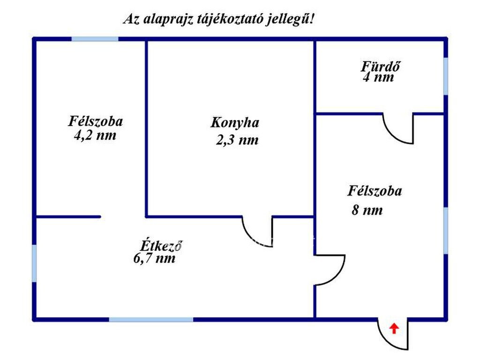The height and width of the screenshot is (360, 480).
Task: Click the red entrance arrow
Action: (394, 329)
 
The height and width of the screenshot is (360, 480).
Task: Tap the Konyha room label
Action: (235, 123)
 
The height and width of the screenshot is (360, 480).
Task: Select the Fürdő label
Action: (380, 67)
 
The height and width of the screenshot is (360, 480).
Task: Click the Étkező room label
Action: (161, 246)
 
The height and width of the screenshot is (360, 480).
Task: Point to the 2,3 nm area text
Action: (237, 140)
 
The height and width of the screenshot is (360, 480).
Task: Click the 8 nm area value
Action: (367, 210)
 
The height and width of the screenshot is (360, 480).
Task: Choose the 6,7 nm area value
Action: (154, 258)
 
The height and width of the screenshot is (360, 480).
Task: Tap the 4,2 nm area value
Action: (95, 135)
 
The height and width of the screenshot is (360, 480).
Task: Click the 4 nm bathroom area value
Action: (378, 77)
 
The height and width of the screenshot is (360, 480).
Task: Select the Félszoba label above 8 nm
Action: (375, 191)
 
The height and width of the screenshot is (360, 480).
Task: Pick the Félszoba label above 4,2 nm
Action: (96, 121)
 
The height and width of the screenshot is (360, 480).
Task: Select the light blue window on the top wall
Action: (95, 39)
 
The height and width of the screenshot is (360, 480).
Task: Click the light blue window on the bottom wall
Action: (151, 320)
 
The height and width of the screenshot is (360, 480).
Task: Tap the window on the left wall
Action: (34, 263)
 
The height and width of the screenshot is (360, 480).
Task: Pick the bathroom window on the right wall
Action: (446, 76)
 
